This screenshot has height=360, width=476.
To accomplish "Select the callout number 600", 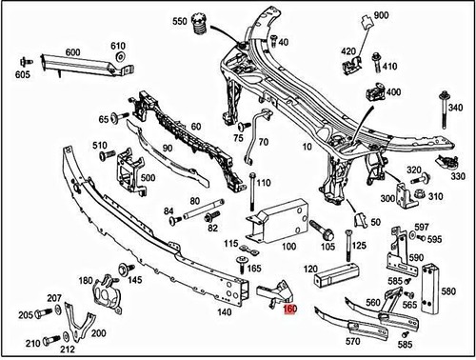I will coord(72,52).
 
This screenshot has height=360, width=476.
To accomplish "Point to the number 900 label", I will coord(382,17).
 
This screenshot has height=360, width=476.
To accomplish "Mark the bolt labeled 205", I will coord(46,313).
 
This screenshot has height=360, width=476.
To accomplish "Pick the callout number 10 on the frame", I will coord(307,149).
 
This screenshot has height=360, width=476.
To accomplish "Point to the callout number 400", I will coord(392,92).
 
